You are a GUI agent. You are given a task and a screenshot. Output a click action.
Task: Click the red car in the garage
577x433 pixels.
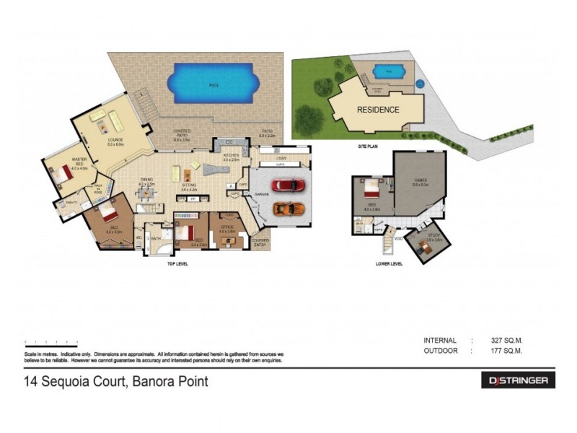[x=288, y=185]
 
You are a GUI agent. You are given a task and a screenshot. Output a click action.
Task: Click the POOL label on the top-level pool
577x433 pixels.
[x=213, y=85]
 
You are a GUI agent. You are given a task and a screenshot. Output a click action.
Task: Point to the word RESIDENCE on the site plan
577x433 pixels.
[x=378, y=110]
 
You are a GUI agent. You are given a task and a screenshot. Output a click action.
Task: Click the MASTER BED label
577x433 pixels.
[x=79, y=161]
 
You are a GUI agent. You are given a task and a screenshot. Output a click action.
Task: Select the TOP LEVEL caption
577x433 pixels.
[x=177, y=263]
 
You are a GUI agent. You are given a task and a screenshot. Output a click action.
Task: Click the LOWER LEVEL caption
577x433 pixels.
[x=390, y=263]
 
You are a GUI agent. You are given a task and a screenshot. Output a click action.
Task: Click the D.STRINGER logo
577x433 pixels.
[x=517, y=380]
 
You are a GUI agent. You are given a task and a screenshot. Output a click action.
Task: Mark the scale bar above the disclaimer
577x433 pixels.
[x=50, y=342]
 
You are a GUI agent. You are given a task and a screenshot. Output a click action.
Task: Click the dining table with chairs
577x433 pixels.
[x=146, y=193]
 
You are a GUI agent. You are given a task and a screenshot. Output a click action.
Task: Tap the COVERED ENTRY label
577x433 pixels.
[x=260, y=242]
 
